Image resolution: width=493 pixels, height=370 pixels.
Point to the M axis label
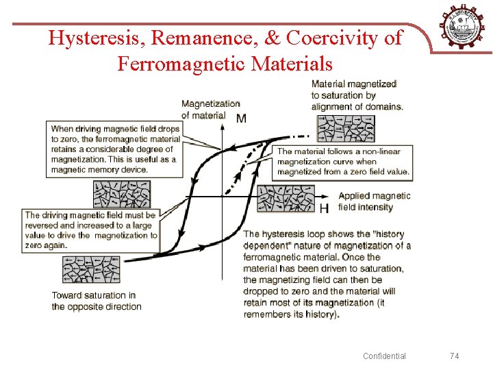click(x=241, y=119)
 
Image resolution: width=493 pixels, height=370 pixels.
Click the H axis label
click(x=324, y=208)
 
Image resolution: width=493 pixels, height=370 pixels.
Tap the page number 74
click(x=455, y=356)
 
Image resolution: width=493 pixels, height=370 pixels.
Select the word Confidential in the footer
click(x=384, y=356)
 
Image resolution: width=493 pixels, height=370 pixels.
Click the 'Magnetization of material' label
click(x=210, y=110)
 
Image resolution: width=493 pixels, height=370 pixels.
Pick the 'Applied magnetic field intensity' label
click(x=374, y=201)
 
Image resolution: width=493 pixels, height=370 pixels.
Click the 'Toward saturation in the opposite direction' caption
click(x=97, y=301)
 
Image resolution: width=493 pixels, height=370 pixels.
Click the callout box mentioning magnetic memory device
click(x=115, y=149)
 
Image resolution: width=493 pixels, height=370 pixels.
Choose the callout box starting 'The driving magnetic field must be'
click(x=91, y=230)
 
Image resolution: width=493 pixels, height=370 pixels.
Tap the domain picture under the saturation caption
click(x=345, y=128)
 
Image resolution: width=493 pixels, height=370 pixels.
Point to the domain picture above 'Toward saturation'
click(x=91, y=269)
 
